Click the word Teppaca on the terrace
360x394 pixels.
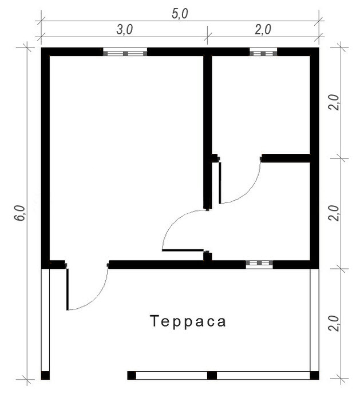(x=188, y=321)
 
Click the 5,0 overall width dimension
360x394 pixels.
(x=180, y=14)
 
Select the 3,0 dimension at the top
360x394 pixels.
(x=124, y=30)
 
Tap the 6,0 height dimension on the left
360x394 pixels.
(x=20, y=213)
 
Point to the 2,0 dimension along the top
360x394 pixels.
(x=263, y=30)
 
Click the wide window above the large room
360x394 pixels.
(x=125, y=53)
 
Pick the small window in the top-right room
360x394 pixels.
(x=263, y=53)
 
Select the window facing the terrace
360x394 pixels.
(x=259, y=264)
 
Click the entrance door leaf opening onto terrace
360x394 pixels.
(x=68, y=289)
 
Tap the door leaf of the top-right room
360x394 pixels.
(x=220, y=182)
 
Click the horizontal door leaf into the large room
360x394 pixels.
(x=183, y=250)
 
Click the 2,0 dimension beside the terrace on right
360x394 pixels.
(x=334, y=324)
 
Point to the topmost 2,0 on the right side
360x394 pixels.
(x=334, y=102)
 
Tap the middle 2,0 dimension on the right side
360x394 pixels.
(x=334, y=213)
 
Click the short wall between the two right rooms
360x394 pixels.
(x=286, y=158)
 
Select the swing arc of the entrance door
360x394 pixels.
(x=97, y=296)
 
